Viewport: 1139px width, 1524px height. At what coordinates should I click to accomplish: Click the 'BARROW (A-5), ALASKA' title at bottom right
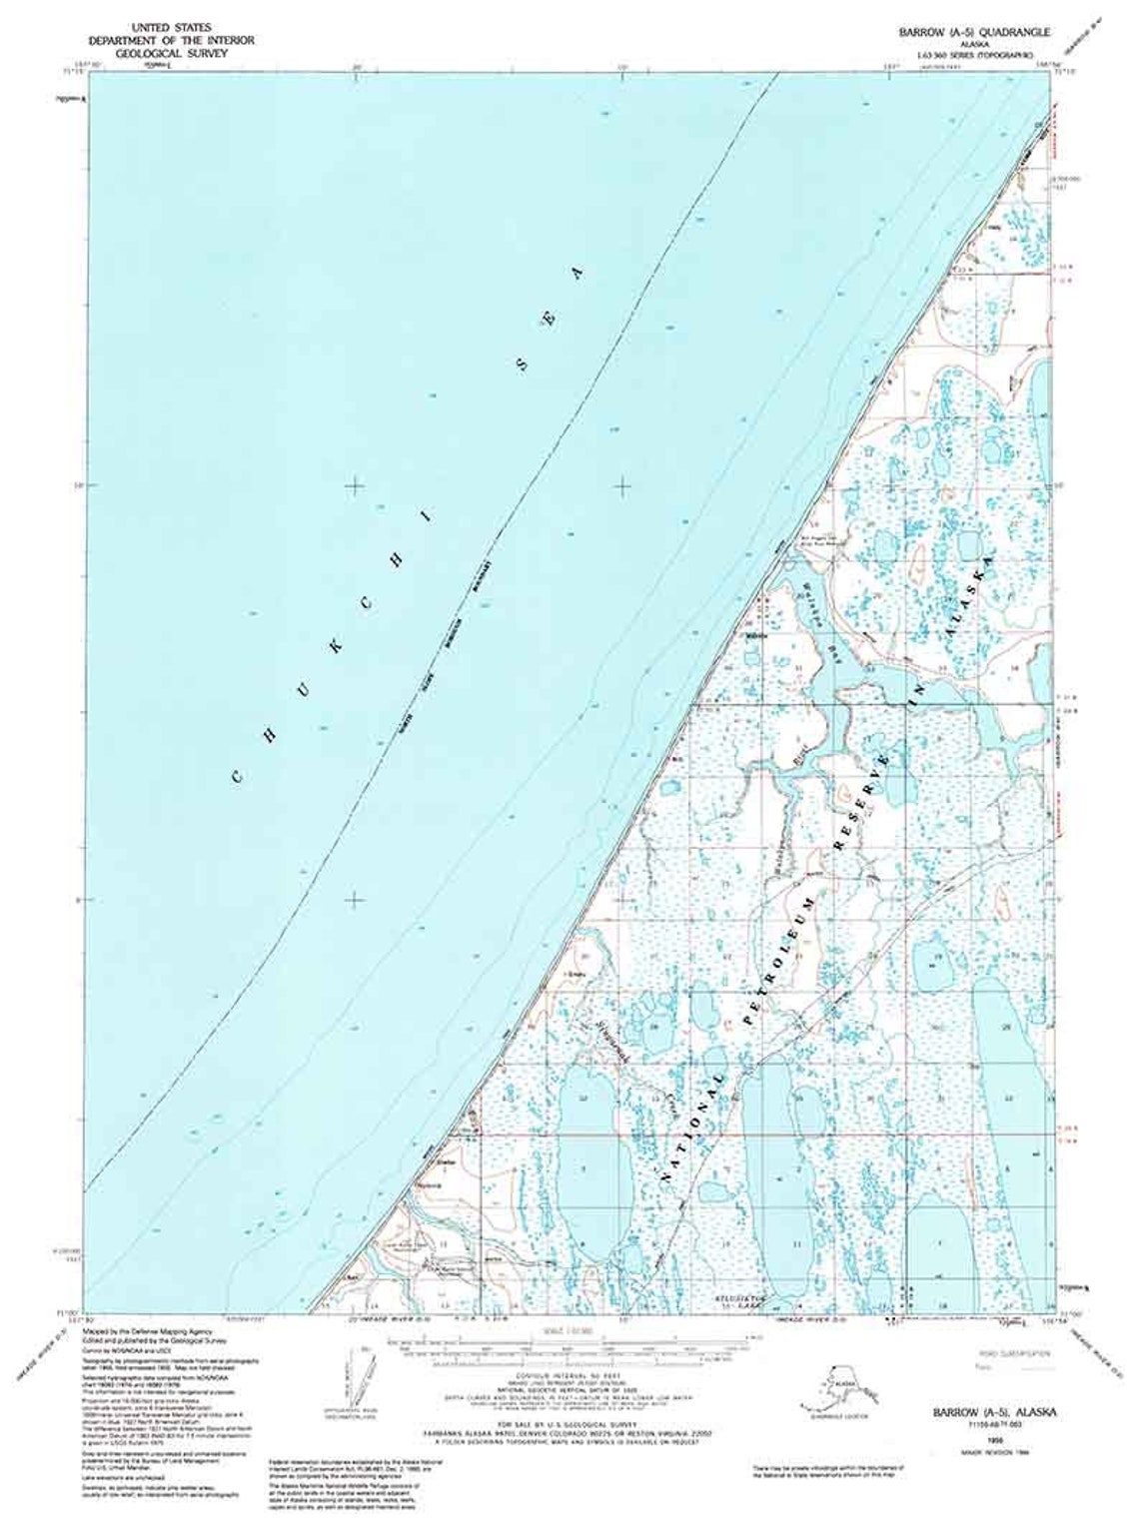click(x=994, y=1412)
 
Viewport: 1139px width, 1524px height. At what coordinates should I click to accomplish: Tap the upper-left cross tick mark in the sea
click(x=355, y=486)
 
